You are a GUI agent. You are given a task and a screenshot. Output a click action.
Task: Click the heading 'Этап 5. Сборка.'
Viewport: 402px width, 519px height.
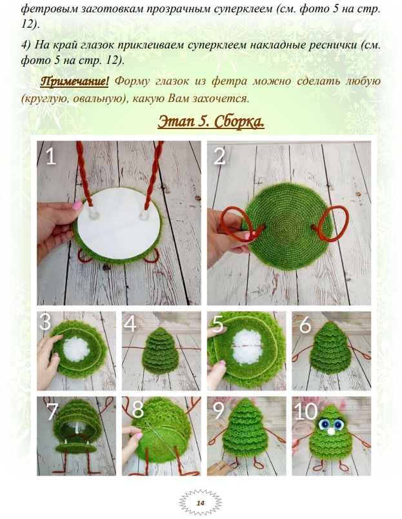pyautogui.click(x=211, y=122)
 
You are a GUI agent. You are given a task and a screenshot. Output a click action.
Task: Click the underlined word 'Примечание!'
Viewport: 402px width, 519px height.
pyautogui.click(x=74, y=81)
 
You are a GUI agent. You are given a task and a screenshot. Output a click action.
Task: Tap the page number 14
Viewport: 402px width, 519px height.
pyautogui.click(x=200, y=503)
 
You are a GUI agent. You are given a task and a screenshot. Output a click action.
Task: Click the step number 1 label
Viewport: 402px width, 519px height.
pyautogui.click(x=50, y=156)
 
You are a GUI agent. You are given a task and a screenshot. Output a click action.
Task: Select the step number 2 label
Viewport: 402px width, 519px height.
pyautogui.click(x=219, y=156)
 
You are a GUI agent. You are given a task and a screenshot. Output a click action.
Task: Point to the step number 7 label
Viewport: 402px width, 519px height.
pyautogui.click(x=53, y=411)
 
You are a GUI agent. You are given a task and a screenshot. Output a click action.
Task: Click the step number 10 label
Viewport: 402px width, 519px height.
pyautogui.click(x=305, y=411)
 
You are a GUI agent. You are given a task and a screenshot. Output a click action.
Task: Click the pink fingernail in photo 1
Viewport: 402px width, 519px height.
pyautogui.click(x=77, y=205)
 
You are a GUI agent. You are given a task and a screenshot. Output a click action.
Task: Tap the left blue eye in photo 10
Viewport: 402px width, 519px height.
pyautogui.click(x=324, y=423)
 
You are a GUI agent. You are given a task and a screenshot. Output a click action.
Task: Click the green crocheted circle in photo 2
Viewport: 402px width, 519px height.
pyautogui.click(x=286, y=227)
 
